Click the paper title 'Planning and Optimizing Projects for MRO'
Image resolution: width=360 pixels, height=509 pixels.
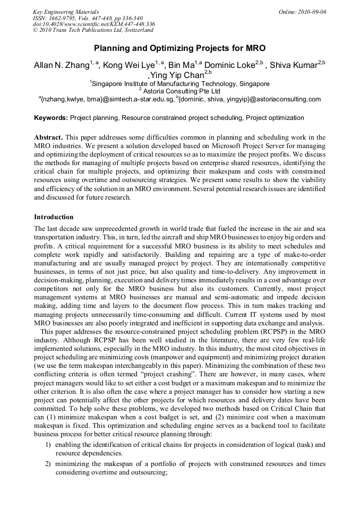(x=179, y=47)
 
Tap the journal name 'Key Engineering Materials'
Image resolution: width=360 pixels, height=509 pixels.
(x=66, y=12)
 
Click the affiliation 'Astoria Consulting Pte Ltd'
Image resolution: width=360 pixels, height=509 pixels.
(x=181, y=91)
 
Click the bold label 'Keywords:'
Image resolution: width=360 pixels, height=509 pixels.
(x=51, y=118)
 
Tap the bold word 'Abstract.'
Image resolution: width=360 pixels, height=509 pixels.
(x=49, y=137)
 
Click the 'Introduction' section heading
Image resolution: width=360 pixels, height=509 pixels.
(x=54, y=217)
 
